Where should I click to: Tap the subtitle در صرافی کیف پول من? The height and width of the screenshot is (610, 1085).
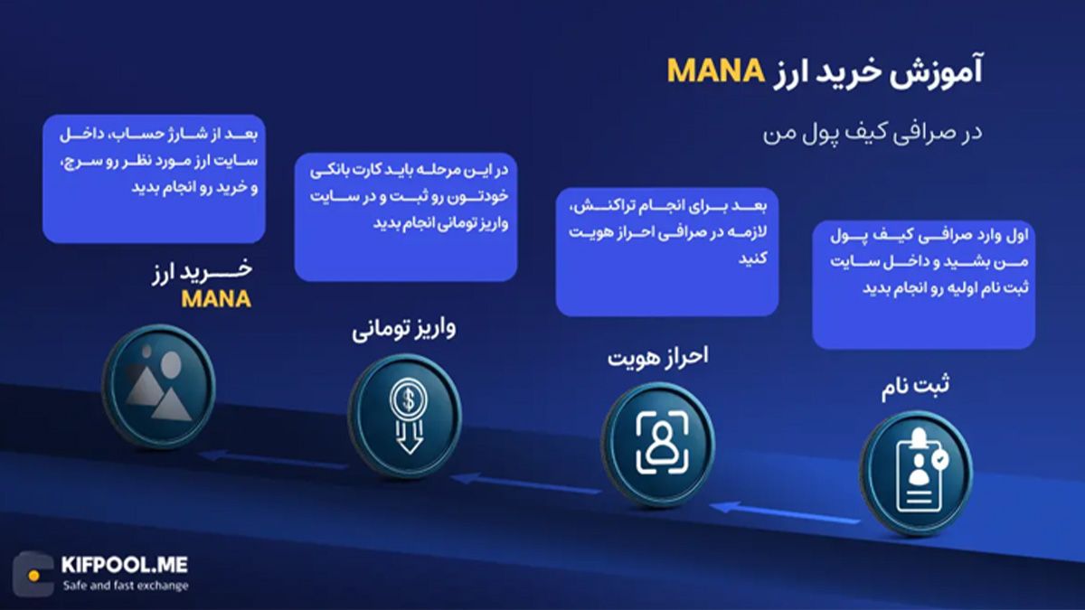point(871,132)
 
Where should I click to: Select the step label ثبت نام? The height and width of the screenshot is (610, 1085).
point(915,388)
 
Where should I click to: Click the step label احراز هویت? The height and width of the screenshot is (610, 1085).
point(657,356)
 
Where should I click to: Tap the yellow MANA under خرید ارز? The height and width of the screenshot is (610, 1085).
point(216,299)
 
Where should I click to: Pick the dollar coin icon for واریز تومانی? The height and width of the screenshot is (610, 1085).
point(404,414)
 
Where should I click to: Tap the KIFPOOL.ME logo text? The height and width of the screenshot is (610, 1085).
point(125,566)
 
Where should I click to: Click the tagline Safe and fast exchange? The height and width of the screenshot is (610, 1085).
point(126,586)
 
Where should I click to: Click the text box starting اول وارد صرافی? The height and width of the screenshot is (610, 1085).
point(923,283)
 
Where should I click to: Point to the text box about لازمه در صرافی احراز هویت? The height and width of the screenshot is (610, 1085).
point(666,251)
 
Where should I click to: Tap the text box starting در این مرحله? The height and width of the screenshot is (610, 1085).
point(406,217)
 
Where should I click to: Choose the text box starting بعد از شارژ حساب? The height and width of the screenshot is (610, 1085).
point(154,178)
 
